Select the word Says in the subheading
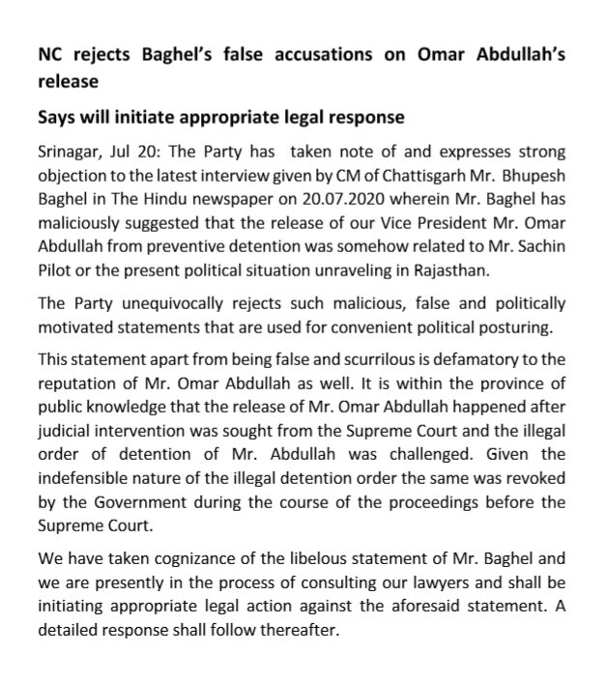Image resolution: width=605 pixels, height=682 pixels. pos(59,119)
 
